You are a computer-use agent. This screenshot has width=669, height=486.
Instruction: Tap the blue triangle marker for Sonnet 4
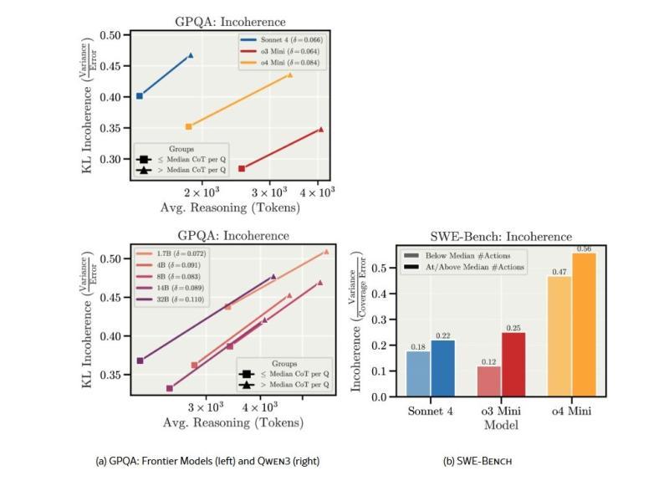click(190, 55)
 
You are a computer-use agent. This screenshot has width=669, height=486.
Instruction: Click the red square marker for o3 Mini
click(242, 169)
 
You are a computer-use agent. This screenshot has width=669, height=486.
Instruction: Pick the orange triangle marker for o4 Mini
click(290, 75)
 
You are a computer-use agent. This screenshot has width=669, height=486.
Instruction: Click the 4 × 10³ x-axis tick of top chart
click(318, 193)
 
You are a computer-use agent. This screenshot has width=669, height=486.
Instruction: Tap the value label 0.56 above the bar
click(584, 248)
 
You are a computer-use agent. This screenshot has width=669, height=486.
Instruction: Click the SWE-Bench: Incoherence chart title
click(501, 237)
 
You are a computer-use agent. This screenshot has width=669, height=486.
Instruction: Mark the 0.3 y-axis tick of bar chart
click(384, 320)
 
